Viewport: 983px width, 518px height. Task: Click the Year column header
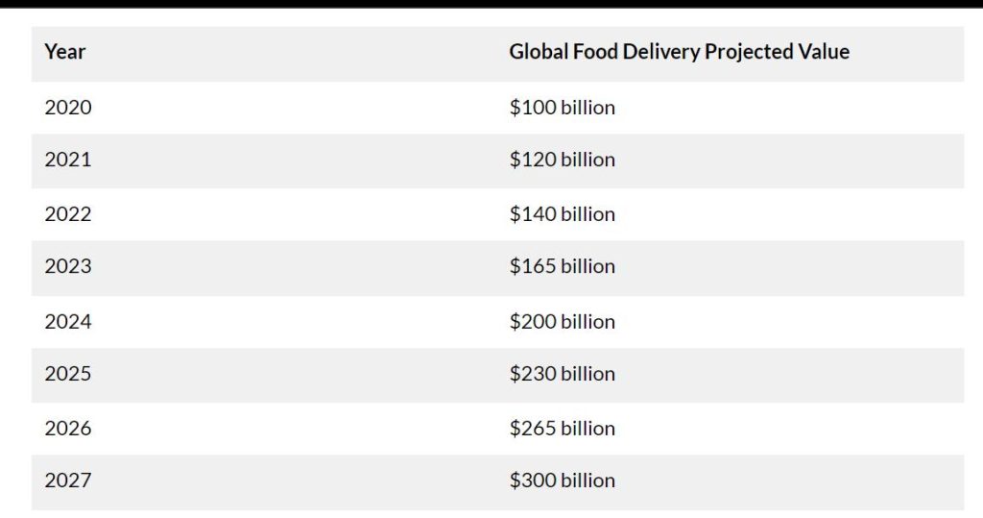64,52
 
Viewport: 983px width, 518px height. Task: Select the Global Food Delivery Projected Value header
679,52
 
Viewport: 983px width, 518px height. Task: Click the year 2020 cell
68,107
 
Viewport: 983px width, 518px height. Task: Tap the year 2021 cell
68,160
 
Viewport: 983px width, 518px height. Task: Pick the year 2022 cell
68,213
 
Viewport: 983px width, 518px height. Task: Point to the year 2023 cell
68,266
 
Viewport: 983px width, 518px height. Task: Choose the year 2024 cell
68,321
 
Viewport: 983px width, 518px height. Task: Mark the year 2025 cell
68,373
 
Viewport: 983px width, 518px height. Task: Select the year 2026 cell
68,428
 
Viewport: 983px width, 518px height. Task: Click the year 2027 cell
68,480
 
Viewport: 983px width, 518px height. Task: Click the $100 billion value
562,107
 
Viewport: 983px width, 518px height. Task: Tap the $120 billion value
562,160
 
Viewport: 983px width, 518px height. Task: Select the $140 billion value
562,213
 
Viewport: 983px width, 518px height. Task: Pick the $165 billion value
562,266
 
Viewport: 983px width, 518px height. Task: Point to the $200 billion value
562,321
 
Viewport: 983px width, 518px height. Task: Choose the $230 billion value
562,373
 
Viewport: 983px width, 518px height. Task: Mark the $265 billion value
562,428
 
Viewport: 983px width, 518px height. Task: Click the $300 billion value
562,480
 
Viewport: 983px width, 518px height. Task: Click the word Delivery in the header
660,52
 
